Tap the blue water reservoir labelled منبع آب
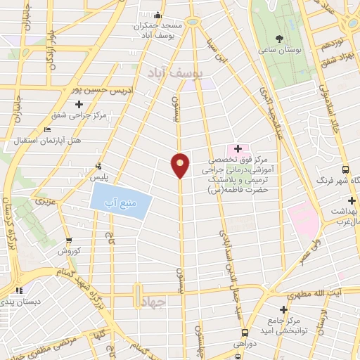coord(121,204)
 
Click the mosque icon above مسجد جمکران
coord(159,16)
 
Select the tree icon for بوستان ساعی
coord(280,39)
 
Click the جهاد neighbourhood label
coord(151,302)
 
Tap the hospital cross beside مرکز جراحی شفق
coord(79,105)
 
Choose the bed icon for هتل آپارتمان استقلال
coord(47,130)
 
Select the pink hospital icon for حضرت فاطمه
coord(238,149)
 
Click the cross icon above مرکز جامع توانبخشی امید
coord(283,309)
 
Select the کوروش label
coord(71,251)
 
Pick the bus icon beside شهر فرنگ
coord(345,169)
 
